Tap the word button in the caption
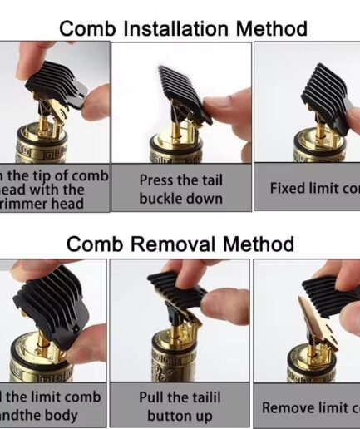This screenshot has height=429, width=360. pos(170,416)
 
